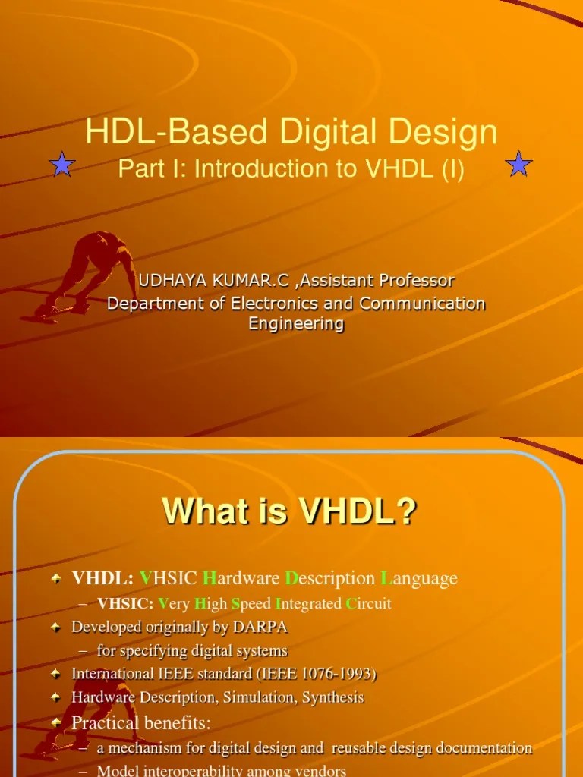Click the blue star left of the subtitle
click(61, 164)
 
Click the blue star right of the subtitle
click(519, 164)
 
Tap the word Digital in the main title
click(336, 132)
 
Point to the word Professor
click(417, 281)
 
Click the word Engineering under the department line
click(296, 324)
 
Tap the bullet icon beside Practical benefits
click(56, 724)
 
